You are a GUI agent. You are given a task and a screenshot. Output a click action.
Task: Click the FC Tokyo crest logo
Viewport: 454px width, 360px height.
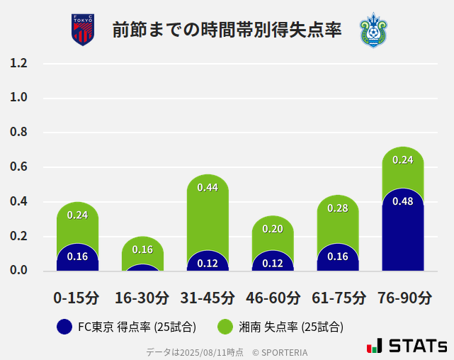pos(82,30)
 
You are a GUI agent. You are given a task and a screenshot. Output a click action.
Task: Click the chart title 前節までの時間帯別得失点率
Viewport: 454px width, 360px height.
pos(227,30)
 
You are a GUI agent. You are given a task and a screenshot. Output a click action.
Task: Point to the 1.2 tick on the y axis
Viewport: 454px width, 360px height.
pos(18,63)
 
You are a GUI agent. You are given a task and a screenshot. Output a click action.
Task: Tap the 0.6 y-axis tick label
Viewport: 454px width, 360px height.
pos(18,167)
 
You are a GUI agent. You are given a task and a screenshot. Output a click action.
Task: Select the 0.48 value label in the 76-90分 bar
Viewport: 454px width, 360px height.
pos(402,201)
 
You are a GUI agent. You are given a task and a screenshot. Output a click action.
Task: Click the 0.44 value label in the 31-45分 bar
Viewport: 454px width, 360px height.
pos(208,188)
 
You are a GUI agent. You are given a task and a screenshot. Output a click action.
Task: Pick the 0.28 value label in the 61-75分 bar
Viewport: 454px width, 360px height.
pos(338,208)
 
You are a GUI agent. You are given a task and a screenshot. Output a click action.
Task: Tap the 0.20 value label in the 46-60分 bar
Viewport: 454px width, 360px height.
pos(273,229)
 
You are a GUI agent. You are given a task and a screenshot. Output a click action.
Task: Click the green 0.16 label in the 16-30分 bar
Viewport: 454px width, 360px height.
pos(142,249)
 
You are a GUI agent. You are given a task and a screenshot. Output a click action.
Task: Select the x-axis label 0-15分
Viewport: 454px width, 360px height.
pos(76,298)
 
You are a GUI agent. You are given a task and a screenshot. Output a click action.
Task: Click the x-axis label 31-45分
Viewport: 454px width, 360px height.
pos(208,298)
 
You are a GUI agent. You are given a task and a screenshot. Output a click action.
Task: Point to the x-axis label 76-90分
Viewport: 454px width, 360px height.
pos(403,298)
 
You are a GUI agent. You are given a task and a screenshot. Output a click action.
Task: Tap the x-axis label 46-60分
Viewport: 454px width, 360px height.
pos(273,298)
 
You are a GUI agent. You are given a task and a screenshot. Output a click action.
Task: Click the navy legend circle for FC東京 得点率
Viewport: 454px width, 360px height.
pos(64,327)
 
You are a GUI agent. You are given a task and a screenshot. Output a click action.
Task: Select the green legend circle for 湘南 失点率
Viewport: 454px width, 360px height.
pos(225,327)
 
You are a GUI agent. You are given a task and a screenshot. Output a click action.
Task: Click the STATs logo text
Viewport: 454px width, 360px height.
pos(418,347)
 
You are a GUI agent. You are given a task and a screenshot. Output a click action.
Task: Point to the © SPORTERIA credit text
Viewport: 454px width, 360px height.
pos(280,352)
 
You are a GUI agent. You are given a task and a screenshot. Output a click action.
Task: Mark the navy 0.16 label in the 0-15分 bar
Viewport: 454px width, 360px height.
pos(77,257)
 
